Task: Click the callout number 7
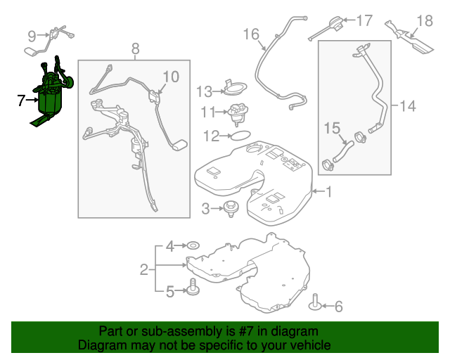[x=21, y=101]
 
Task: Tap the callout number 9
[x=32, y=35]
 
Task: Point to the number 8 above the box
[x=135, y=49]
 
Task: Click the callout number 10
[x=171, y=76]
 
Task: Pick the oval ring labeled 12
[x=239, y=135]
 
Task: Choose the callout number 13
[x=204, y=91]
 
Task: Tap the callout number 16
[x=251, y=34]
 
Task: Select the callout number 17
[x=364, y=20]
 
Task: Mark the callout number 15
[x=331, y=128]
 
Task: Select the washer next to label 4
[x=191, y=246]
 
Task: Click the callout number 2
[x=143, y=269]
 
